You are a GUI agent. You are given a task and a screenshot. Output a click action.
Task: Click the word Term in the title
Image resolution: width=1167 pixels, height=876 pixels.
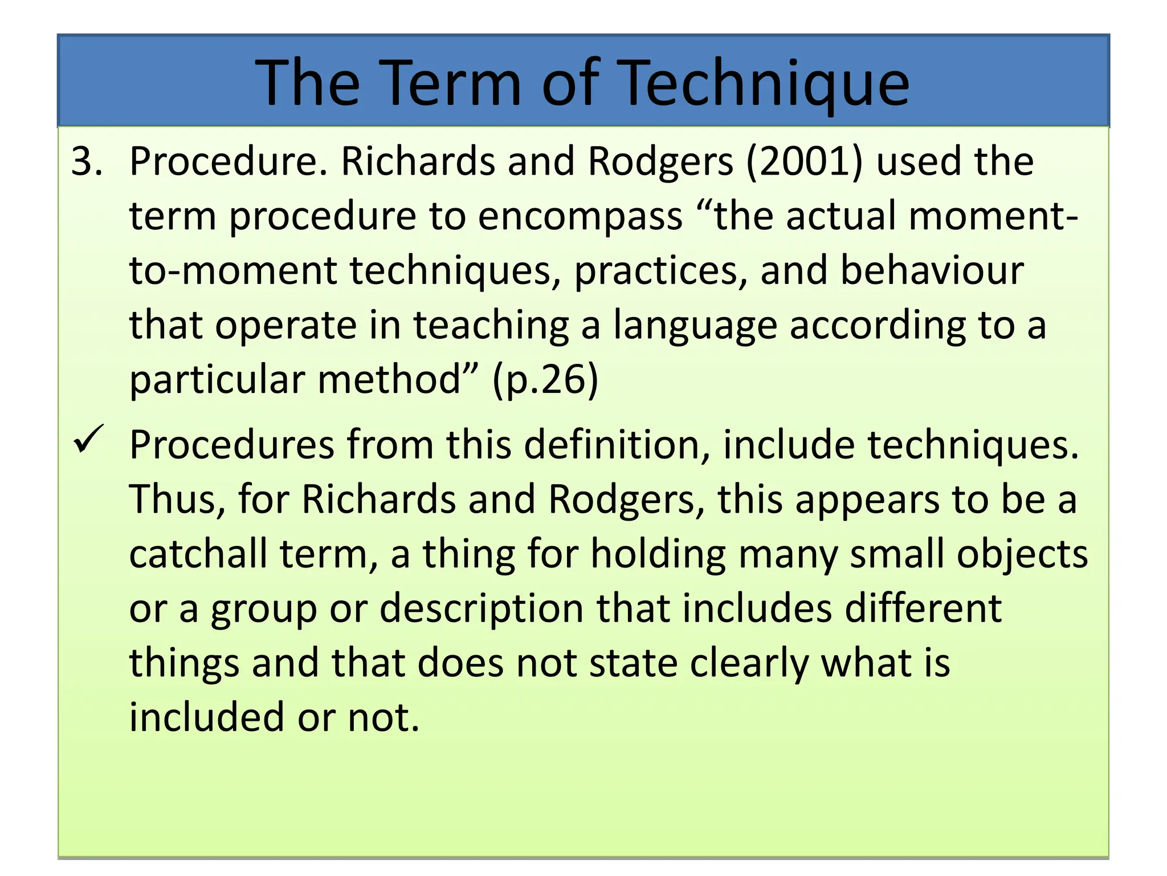click(x=450, y=83)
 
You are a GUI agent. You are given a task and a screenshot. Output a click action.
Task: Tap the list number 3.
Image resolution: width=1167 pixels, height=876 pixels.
click(x=86, y=161)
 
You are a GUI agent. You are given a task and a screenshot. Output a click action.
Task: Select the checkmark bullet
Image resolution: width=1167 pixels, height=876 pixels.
click(x=88, y=440)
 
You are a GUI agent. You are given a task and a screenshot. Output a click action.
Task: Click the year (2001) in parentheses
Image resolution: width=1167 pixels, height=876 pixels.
click(x=804, y=161)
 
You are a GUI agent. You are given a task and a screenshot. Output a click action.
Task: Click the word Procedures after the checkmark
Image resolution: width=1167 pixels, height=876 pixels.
click(x=231, y=445)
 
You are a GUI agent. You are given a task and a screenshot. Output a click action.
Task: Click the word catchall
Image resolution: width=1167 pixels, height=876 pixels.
click(x=198, y=554)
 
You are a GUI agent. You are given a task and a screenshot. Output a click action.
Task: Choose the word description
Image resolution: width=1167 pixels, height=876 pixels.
click(x=482, y=609)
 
